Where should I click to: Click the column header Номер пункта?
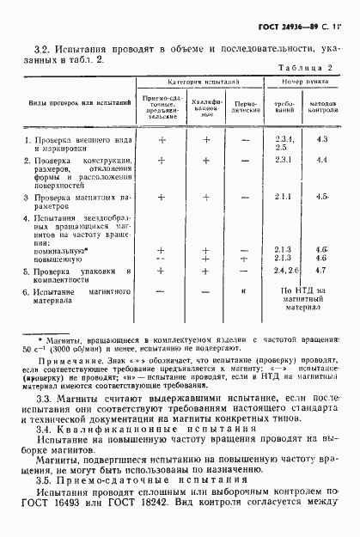tap(295, 79)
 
